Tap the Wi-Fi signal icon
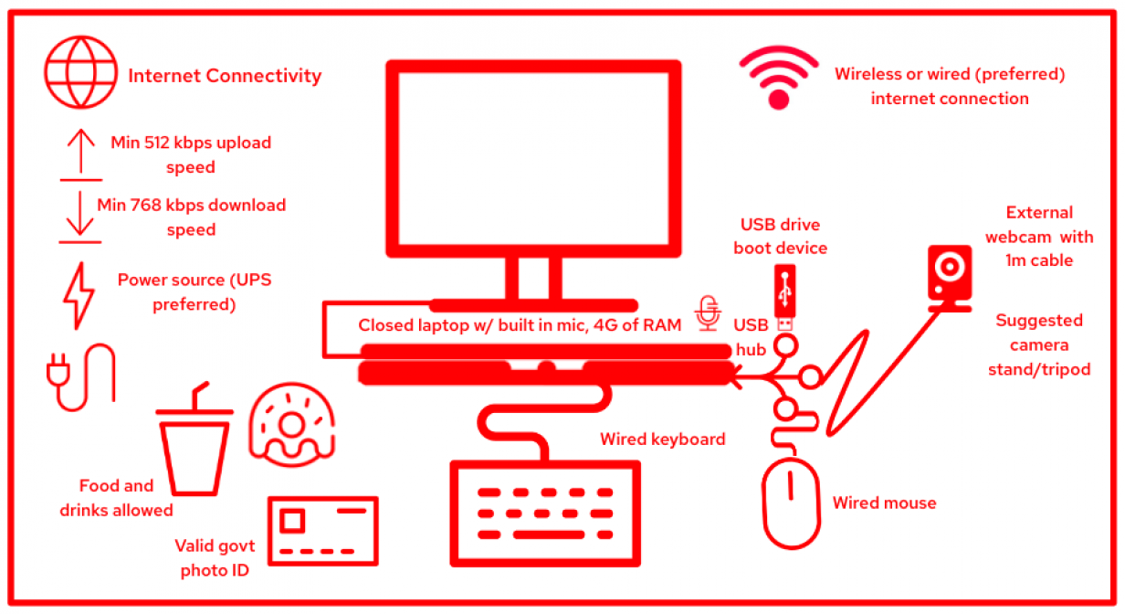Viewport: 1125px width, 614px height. tap(778, 79)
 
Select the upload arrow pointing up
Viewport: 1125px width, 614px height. tap(81, 152)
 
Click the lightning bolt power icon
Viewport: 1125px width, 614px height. tap(79, 295)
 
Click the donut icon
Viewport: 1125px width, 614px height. tap(289, 423)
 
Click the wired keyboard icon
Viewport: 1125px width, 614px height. tap(545, 514)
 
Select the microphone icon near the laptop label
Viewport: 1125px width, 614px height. tap(706, 313)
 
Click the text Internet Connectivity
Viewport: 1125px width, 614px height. tap(225, 76)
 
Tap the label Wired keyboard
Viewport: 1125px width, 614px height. tap(662, 439)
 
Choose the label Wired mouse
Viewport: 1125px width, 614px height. tap(884, 503)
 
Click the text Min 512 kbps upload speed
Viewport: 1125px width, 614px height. tap(191, 154)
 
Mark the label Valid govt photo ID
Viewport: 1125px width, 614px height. tap(216, 558)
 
